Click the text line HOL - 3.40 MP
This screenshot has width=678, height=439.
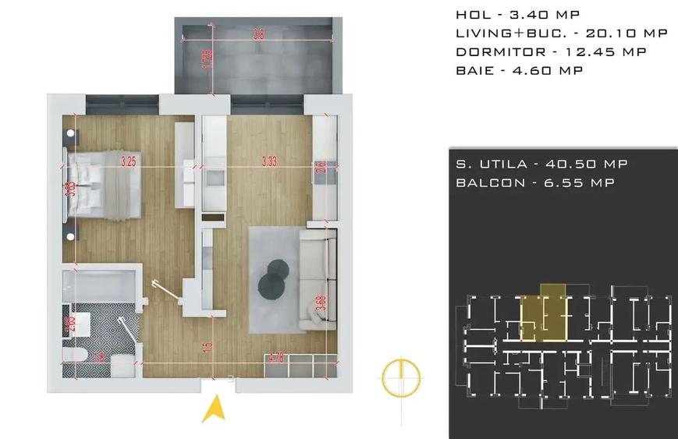click(517, 15)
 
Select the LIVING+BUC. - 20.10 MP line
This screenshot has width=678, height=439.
click(561, 34)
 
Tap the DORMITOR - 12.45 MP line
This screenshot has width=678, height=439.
click(551, 52)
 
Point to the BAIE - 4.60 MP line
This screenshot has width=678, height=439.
click(519, 71)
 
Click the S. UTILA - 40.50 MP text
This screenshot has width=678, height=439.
click(541, 165)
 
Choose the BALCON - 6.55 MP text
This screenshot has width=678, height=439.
click(534, 182)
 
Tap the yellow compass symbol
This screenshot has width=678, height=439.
click(401, 377)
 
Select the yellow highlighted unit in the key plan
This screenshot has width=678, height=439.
click(543, 316)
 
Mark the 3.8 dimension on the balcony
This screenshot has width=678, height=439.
click(258, 35)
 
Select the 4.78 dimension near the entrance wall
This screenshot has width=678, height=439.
click(275, 359)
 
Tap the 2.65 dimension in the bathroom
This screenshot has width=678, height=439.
click(71, 323)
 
